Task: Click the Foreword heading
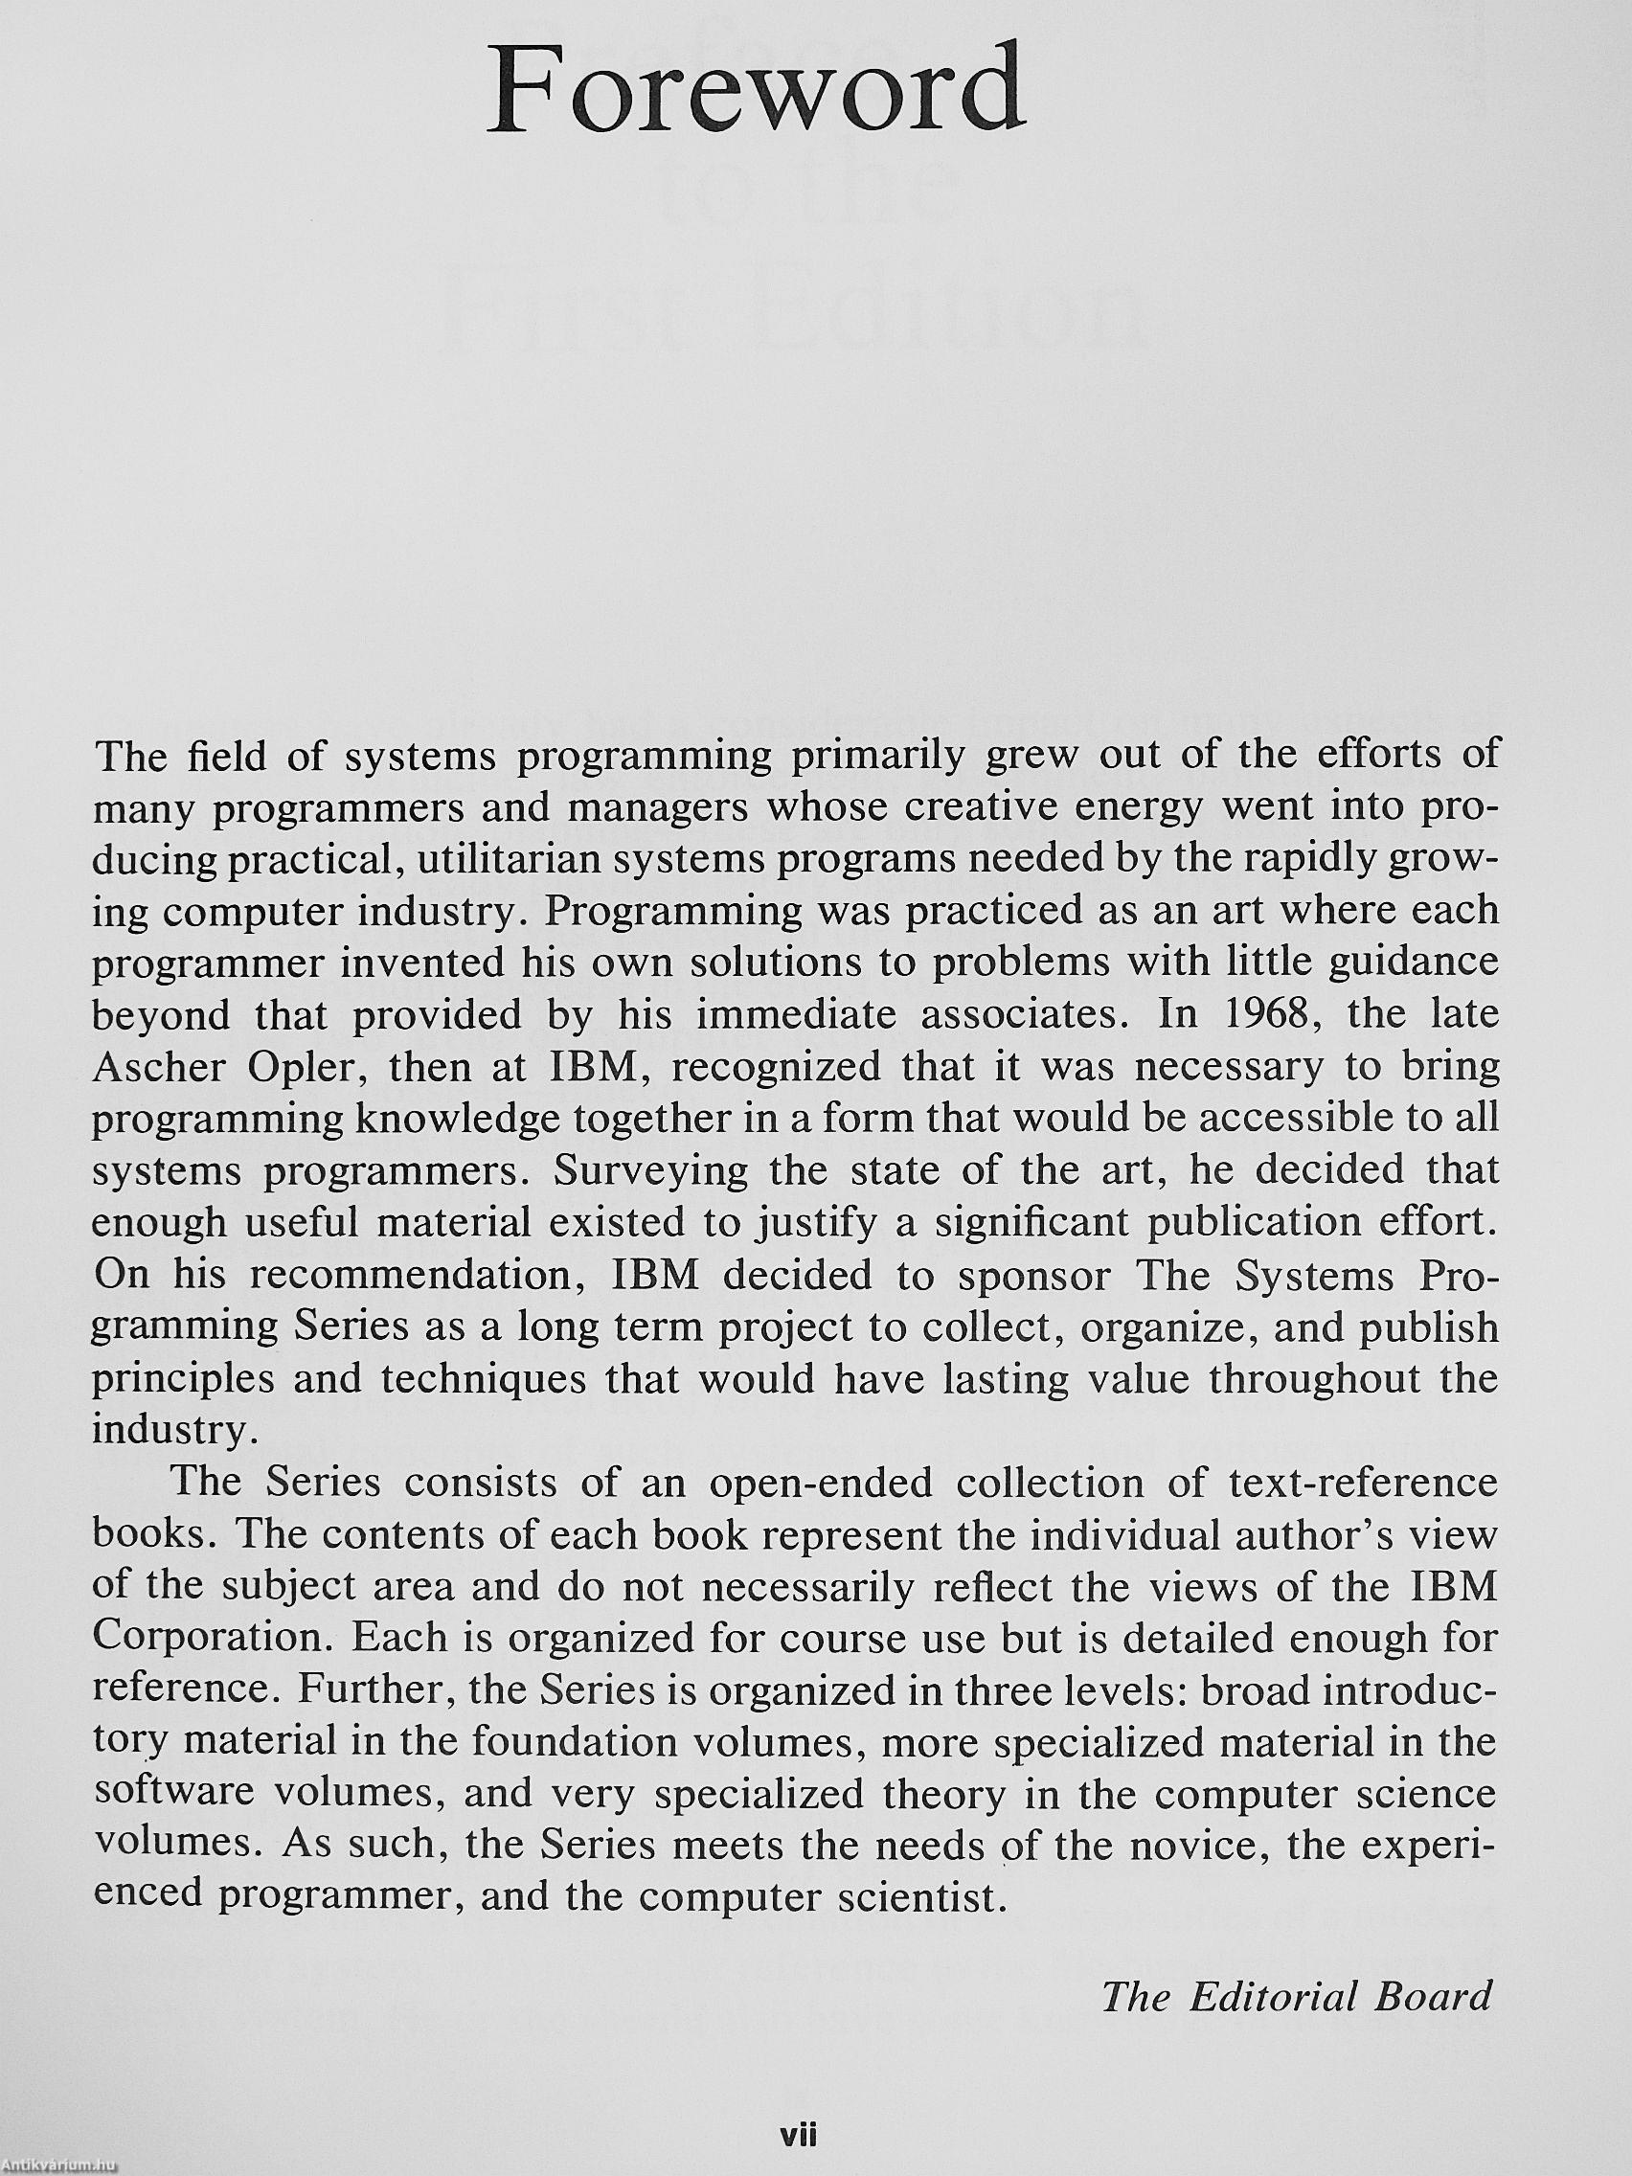click(757, 90)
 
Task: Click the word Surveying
click(648, 1170)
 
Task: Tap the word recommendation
click(419, 1275)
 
